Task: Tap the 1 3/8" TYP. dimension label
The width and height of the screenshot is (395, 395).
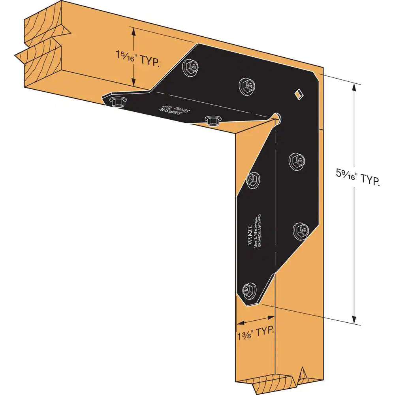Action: coord(255,332)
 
